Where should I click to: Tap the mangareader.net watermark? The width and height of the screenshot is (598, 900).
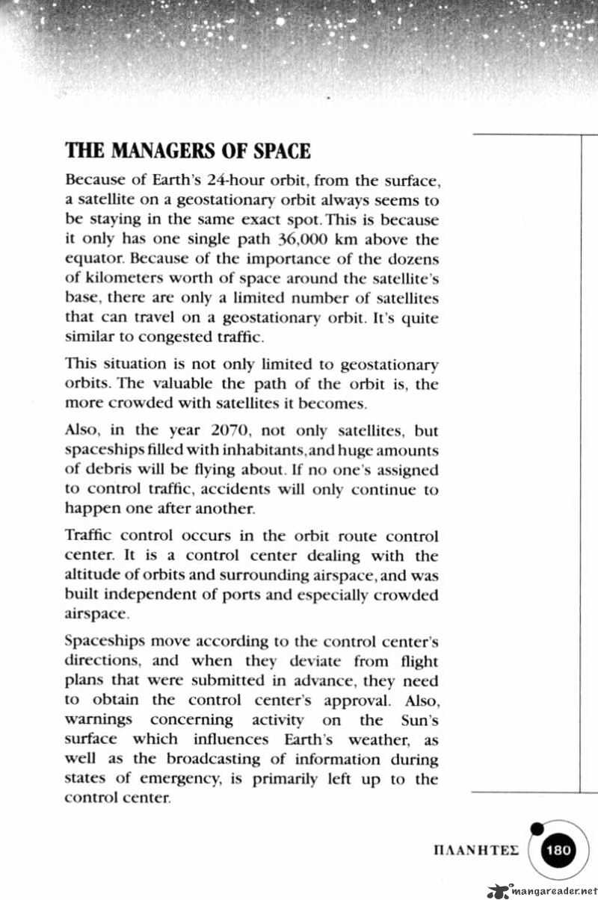click(543, 891)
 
